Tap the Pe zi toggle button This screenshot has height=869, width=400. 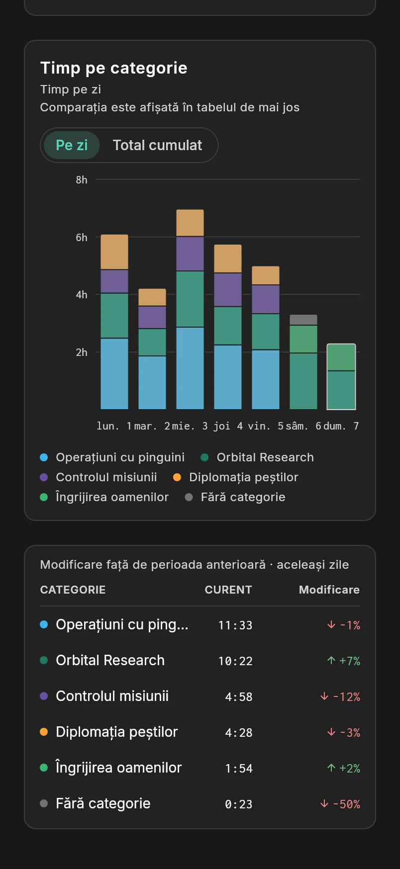pyautogui.click(x=72, y=145)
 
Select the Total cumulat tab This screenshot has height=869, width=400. pyautogui.click(x=157, y=145)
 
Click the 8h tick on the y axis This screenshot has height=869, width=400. pyautogui.click(x=82, y=180)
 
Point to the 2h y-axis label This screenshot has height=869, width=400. pyautogui.click(x=82, y=352)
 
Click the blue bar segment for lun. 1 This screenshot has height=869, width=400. pyautogui.click(x=114, y=374)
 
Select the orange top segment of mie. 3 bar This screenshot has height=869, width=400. pyautogui.click(x=190, y=223)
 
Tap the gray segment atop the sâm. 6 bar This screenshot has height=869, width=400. pyautogui.click(x=303, y=320)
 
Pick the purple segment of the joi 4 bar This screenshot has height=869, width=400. pyautogui.click(x=228, y=290)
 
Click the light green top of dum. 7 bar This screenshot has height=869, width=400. pyautogui.click(x=341, y=357)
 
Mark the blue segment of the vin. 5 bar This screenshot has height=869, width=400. pyautogui.click(x=266, y=380)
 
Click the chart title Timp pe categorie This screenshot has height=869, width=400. pyautogui.click(x=114, y=68)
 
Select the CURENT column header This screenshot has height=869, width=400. pyautogui.click(x=228, y=590)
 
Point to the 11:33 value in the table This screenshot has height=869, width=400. pyautogui.click(x=235, y=625)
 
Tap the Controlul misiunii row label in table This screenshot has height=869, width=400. pyautogui.click(x=112, y=696)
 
